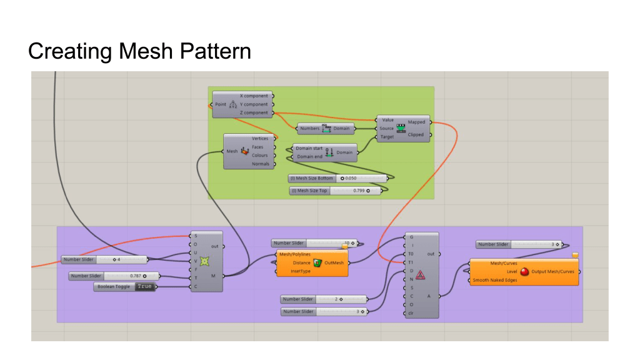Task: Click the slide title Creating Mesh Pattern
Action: [x=139, y=51]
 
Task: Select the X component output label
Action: [x=254, y=96]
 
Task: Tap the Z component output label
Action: [x=254, y=113]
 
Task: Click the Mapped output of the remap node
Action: [x=416, y=122]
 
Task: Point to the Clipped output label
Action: [x=416, y=134]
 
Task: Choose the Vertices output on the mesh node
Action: [x=260, y=139]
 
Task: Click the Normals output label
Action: [x=261, y=164]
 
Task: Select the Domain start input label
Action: [x=309, y=149]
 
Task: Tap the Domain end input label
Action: [x=309, y=156]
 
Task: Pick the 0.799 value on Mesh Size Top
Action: [x=359, y=191]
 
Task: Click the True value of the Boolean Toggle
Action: [x=144, y=286]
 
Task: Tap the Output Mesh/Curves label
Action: [x=552, y=272]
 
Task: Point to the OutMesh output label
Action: [x=334, y=263]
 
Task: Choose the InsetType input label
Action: [x=301, y=271]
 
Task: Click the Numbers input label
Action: [x=309, y=128]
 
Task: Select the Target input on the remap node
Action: [x=387, y=136]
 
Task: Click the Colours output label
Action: [x=260, y=156]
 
